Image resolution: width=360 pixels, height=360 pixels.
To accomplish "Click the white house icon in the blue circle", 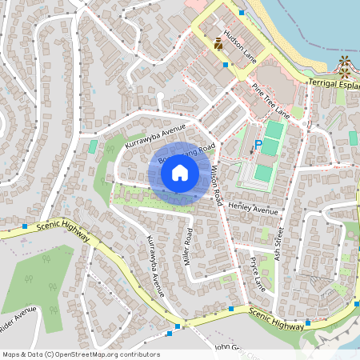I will click(x=180, y=172).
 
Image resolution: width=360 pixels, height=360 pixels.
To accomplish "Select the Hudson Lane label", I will click(x=240, y=47).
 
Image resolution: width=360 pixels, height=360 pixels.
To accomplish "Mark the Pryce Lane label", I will click(x=257, y=273).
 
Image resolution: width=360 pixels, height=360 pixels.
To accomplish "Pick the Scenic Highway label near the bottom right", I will click(x=276, y=318).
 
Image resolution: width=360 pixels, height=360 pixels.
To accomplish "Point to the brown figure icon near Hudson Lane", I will click(x=218, y=43).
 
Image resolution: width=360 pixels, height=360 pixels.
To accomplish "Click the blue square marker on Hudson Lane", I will click(x=226, y=65).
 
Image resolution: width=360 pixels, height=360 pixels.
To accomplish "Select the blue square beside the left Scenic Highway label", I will click(x=26, y=226).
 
